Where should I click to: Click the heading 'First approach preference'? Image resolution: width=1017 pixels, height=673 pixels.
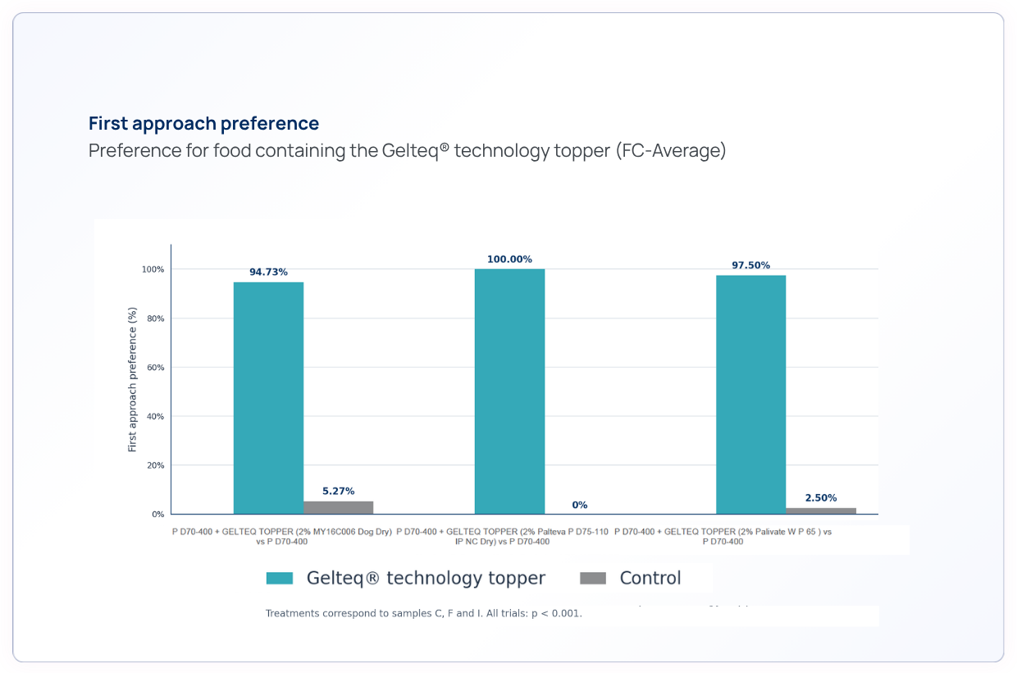pyautogui.click(x=203, y=124)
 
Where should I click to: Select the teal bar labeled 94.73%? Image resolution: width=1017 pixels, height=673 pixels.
pyautogui.click(x=268, y=398)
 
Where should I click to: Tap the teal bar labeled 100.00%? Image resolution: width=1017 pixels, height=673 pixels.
pyautogui.click(x=509, y=391)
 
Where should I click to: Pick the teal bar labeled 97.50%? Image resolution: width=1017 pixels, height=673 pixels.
pyautogui.click(x=751, y=395)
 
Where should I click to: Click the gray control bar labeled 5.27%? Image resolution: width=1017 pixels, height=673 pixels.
pyautogui.click(x=338, y=507)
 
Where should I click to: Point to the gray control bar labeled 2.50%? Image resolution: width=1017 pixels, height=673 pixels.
pyautogui.click(x=821, y=511)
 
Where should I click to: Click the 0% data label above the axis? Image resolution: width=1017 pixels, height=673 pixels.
pyautogui.click(x=579, y=505)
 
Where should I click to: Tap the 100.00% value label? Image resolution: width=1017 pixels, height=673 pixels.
pyautogui.click(x=509, y=259)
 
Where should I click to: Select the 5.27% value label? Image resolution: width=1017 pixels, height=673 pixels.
pyautogui.click(x=338, y=491)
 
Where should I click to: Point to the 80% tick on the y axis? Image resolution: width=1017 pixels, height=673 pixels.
pyautogui.click(x=155, y=318)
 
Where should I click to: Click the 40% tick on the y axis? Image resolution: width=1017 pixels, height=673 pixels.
pyautogui.click(x=155, y=416)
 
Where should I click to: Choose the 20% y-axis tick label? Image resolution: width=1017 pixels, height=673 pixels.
pyautogui.click(x=155, y=465)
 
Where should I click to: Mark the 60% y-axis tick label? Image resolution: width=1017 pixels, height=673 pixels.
pyautogui.click(x=155, y=367)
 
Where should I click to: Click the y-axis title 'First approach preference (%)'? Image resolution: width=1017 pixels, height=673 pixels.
pyautogui.click(x=132, y=380)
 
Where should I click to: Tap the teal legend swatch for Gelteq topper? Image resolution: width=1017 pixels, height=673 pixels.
pyautogui.click(x=280, y=578)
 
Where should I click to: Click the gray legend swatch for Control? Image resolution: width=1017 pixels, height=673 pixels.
pyautogui.click(x=593, y=578)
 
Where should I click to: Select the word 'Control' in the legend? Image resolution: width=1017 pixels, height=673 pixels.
pyautogui.click(x=650, y=578)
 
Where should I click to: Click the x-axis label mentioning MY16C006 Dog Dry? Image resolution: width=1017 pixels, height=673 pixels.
pyautogui.click(x=282, y=537)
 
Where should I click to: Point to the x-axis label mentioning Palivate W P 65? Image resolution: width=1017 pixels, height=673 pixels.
pyautogui.click(x=723, y=537)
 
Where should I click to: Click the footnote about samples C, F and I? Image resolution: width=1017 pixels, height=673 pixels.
pyautogui.click(x=423, y=613)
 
